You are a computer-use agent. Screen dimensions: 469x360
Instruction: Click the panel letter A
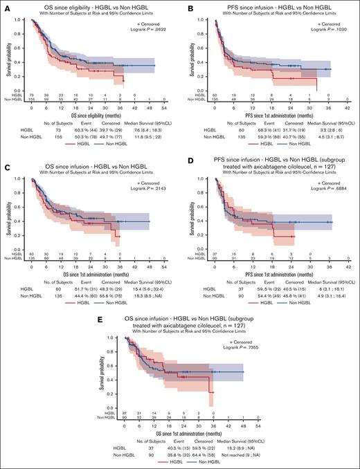pos(5,6)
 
